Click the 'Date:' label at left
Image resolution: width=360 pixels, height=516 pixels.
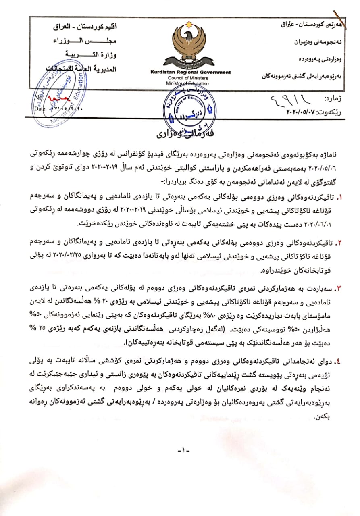pyautogui.click(x=40, y=108)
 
